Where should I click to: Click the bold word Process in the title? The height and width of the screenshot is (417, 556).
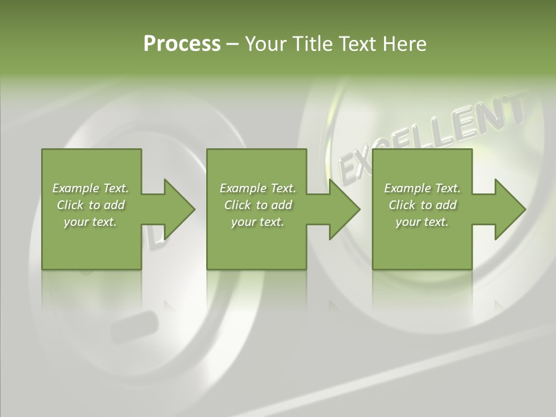tap(182, 44)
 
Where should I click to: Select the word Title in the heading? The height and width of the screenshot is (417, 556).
tap(312, 44)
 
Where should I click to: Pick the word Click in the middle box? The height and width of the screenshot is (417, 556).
tap(237, 205)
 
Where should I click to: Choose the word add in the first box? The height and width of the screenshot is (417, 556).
tap(114, 205)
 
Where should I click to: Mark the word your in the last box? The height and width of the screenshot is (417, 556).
tap(408, 222)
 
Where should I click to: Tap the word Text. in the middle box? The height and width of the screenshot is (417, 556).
tap(282, 188)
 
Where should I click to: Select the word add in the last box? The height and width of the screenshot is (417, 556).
tap(446, 205)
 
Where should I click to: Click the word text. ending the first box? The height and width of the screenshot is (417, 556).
tap(105, 222)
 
